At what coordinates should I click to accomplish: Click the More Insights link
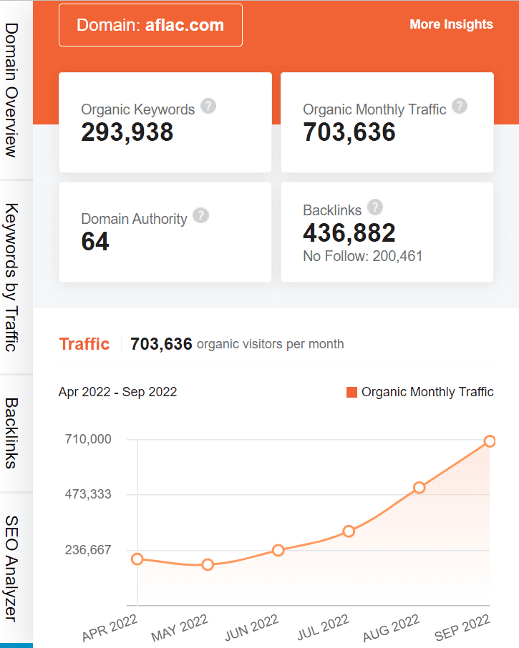[451, 24]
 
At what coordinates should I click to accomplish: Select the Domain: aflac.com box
[150, 25]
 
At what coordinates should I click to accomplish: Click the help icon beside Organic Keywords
[208, 107]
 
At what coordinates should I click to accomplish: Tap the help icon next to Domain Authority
[201, 215]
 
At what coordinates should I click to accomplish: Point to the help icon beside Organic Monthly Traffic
[460, 107]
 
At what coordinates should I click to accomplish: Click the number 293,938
[127, 132]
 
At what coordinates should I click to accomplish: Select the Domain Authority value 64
[95, 242]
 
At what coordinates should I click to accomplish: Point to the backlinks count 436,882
[349, 232]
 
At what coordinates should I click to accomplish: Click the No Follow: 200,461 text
[363, 255]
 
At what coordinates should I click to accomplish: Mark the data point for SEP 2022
[490, 441]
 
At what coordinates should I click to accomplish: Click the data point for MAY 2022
[208, 564]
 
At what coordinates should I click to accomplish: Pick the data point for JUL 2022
[349, 531]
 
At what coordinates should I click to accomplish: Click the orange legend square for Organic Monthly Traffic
[351, 392]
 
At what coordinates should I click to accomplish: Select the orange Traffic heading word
[84, 344]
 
